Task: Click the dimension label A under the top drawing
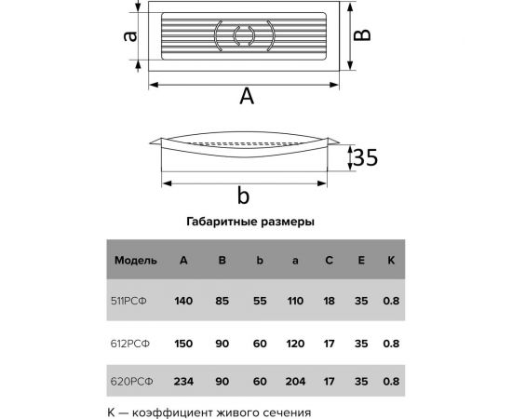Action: (247, 96)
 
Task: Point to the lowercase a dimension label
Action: (131, 37)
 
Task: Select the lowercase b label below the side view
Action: (243, 196)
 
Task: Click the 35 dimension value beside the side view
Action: (365, 159)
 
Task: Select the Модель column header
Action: (136, 260)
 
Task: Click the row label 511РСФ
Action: (134, 301)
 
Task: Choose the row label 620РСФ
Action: (134, 380)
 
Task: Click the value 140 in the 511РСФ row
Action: (184, 301)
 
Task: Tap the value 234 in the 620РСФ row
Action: (184, 380)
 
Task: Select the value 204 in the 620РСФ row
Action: (294, 380)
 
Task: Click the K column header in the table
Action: (391, 260)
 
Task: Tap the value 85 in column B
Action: (222, 301)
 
